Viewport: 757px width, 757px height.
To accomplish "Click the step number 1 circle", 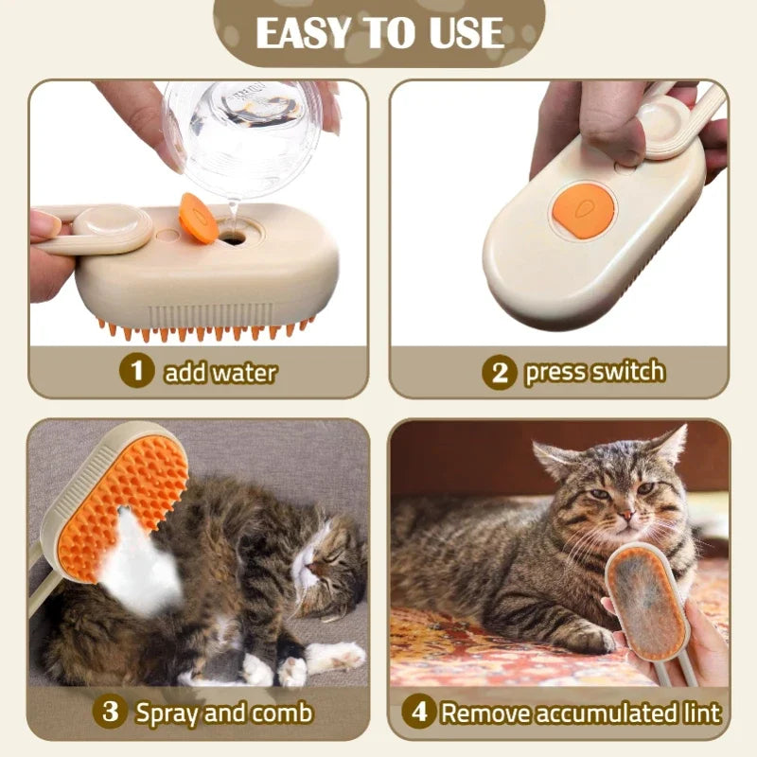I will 137,371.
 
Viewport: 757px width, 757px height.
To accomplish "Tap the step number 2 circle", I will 500,372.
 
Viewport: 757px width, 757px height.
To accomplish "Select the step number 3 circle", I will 111,712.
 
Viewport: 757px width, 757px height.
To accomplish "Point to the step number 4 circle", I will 419,712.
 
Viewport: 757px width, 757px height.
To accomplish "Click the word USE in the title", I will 457,34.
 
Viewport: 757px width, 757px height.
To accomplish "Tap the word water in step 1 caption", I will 244,372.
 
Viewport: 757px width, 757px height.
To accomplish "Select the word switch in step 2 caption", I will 627,371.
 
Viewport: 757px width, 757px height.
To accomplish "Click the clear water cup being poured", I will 244,137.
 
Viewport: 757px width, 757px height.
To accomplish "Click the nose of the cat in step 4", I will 625,516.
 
